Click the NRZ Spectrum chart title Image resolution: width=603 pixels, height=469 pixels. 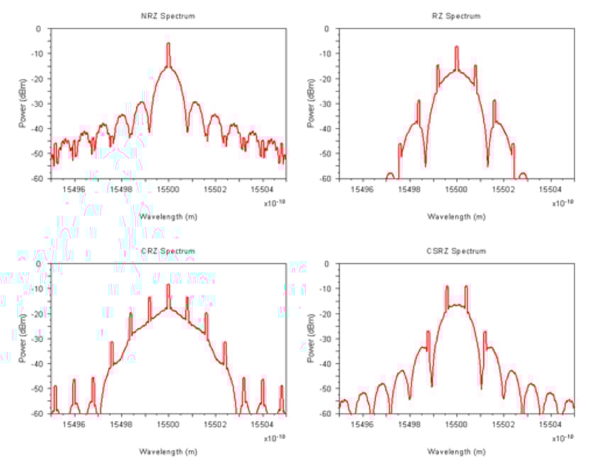click(168, 16)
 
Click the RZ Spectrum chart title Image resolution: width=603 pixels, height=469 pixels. click(456, 16)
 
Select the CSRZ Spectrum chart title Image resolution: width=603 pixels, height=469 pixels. click(456, 251)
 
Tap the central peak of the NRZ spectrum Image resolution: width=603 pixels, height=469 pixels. click(168, 45)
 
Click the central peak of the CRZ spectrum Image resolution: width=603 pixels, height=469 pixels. click(168, 286)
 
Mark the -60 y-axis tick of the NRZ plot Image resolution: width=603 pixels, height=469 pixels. click(40, 179)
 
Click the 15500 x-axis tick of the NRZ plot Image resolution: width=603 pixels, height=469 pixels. click(168, 189)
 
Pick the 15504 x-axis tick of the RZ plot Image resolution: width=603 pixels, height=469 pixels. click(551, 189)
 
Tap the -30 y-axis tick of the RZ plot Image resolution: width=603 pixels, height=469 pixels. click(328, 104)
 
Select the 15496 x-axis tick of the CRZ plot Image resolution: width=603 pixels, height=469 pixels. click(74, 424)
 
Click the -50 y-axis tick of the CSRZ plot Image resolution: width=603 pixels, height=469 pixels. click(328, 389)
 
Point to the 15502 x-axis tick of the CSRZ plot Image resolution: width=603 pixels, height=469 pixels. click(504, 424)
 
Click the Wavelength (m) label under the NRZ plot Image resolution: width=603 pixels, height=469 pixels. click(168, 216)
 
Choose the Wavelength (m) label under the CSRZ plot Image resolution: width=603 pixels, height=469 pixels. click(456, 451)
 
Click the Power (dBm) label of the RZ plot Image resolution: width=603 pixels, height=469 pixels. click(311, 104)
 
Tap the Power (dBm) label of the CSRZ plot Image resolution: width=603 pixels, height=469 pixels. click(311, 338)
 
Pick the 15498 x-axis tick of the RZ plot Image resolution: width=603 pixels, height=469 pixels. click(409, 189)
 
